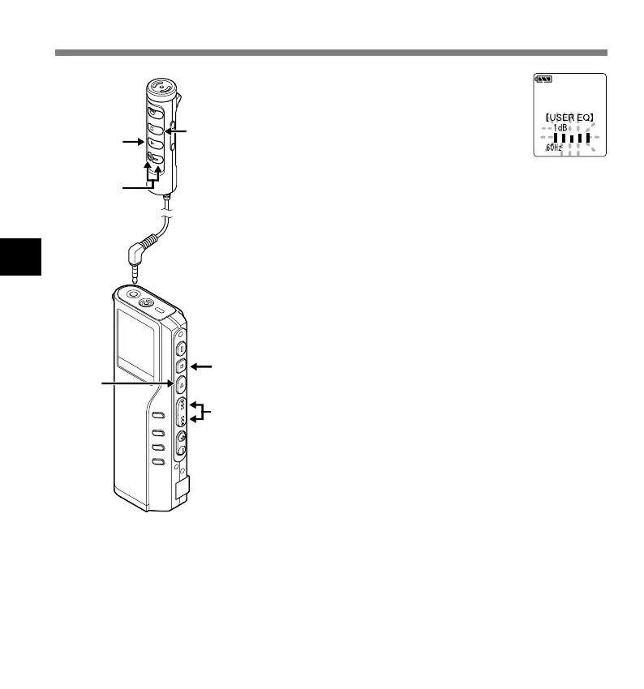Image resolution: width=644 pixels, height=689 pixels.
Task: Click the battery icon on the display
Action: pos(545,80)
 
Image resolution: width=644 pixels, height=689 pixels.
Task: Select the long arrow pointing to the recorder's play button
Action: pos(134,382)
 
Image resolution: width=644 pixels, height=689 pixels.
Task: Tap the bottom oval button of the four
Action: pos(158,462)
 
